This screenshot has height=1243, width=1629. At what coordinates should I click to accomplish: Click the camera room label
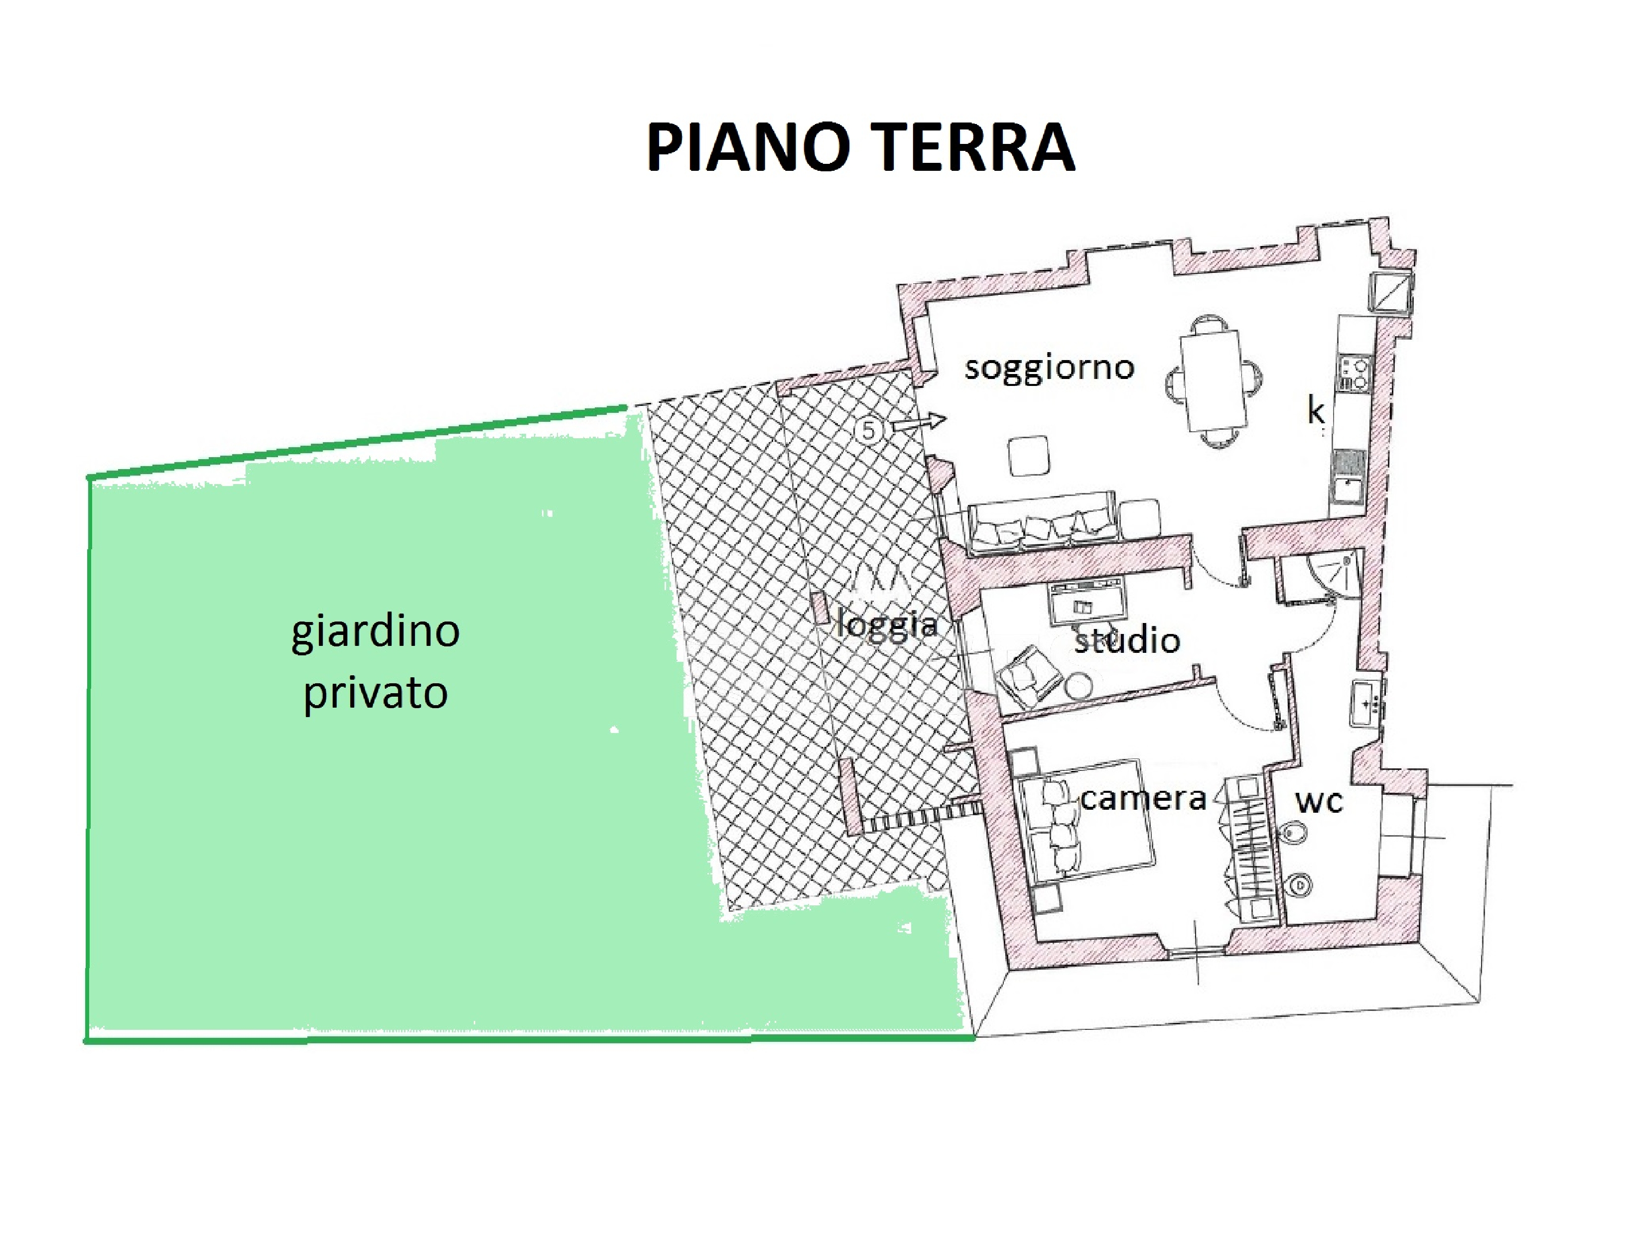pos(1143,799)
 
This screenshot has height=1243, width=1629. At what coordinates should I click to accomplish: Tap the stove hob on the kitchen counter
pos(1355,373)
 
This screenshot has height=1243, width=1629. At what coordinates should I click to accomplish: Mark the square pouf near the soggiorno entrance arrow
pos(1029,456)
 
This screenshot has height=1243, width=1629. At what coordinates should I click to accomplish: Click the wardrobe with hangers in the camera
pos(1251,847)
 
